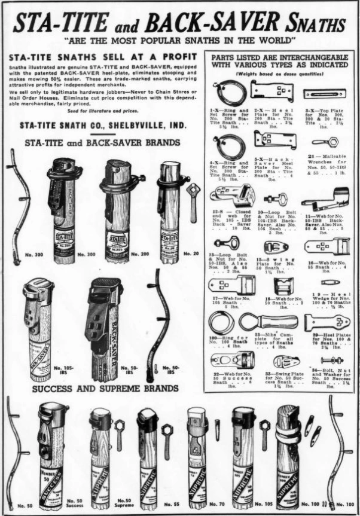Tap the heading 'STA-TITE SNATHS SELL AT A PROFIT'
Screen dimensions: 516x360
pyautogui.click(x=96, y=56)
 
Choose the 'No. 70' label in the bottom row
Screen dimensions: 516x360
pyautogui.click(x=214, y=505)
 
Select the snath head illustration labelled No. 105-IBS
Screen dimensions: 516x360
pyautogui.click(x=39, y=326)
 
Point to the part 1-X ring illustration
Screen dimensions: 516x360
pyautogui.click(x=231, y=91)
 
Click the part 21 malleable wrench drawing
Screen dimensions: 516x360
pyautogui.click(x=325, y=142)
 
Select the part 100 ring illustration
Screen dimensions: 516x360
pyautogui.click(x=222, y=323)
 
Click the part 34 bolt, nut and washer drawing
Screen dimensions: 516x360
pyautogui.click(x=324, y=361)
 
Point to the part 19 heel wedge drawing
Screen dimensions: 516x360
pyautogui.click(x=330, y=282)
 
